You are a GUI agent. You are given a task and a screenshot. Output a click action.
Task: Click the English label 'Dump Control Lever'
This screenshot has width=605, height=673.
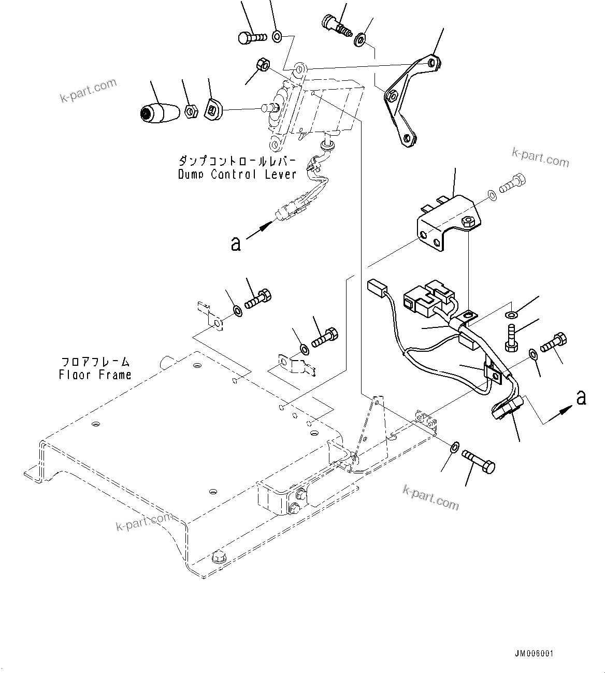(x=237, y=174)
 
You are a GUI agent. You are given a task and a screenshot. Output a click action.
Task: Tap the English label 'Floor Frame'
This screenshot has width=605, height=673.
(x=95, y=375)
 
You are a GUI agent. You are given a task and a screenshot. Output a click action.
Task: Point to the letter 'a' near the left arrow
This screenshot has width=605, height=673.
(x=236, y=243)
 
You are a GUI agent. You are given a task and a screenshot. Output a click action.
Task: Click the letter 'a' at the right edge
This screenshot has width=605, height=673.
(x=581, y=398)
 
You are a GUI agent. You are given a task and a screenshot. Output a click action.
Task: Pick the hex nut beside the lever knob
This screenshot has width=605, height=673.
(x=190, y=111)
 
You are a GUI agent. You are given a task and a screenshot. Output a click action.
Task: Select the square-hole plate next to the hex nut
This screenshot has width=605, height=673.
(x=213, y=109)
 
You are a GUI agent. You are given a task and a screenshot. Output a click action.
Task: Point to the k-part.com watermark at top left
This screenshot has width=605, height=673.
(x=88, y=91)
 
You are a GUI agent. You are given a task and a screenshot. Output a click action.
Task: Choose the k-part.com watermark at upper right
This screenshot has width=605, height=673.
(x=540, y=157)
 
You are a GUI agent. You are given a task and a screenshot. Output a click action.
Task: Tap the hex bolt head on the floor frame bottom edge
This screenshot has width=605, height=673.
(x=219, y=558)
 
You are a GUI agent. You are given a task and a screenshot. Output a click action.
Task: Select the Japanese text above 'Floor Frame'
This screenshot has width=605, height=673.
(x=95, y=362)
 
